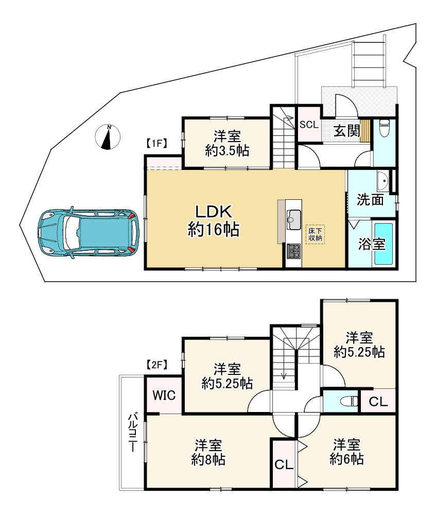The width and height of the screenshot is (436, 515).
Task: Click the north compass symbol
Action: [108, 138]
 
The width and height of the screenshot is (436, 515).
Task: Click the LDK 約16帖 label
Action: [213, 220]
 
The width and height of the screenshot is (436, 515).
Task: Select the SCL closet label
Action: [309, 125]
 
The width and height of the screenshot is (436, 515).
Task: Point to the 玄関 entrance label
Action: [346, 131]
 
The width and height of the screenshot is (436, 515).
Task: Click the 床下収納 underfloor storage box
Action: [315, 234]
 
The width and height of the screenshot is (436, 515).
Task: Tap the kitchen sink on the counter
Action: [293, 218]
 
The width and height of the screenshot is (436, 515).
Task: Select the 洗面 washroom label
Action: [370, 199]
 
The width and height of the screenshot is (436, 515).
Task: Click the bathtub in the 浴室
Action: [383, 244]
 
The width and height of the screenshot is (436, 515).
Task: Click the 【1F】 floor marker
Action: [155, 144]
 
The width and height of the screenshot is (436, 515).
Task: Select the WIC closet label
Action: [164, 396]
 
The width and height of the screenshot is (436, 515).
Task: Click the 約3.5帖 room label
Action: [227, 144]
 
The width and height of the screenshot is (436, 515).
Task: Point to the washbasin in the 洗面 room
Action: [382, 181]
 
